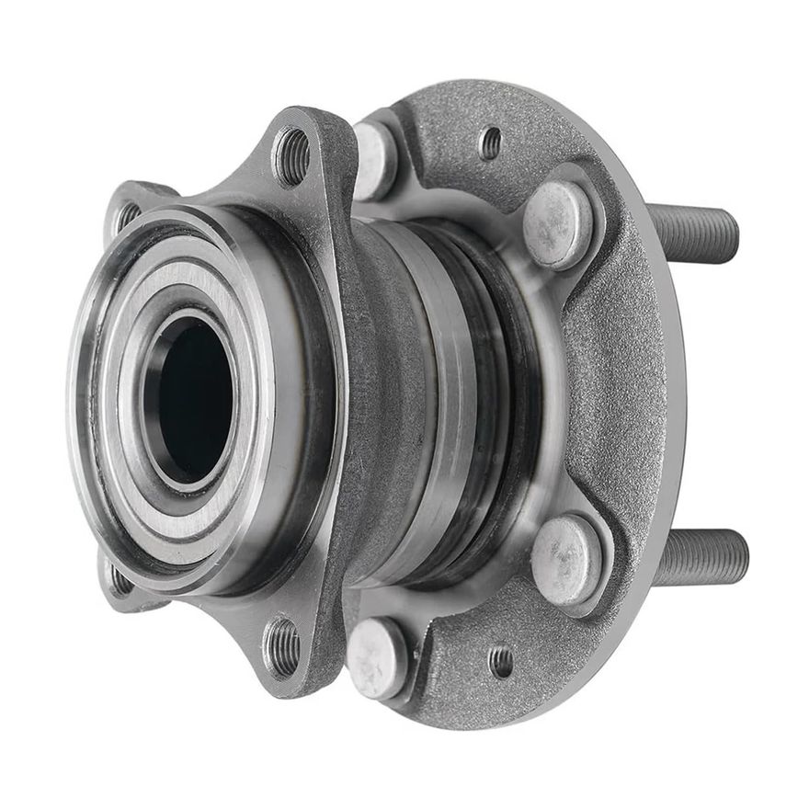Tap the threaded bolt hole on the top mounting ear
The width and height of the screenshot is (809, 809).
[x=292, y=155]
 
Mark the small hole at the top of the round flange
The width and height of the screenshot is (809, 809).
[x=492, y=142]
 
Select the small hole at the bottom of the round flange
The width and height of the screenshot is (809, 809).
[x=501, y=660]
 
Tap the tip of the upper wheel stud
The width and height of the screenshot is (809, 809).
[x=733, y=235]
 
